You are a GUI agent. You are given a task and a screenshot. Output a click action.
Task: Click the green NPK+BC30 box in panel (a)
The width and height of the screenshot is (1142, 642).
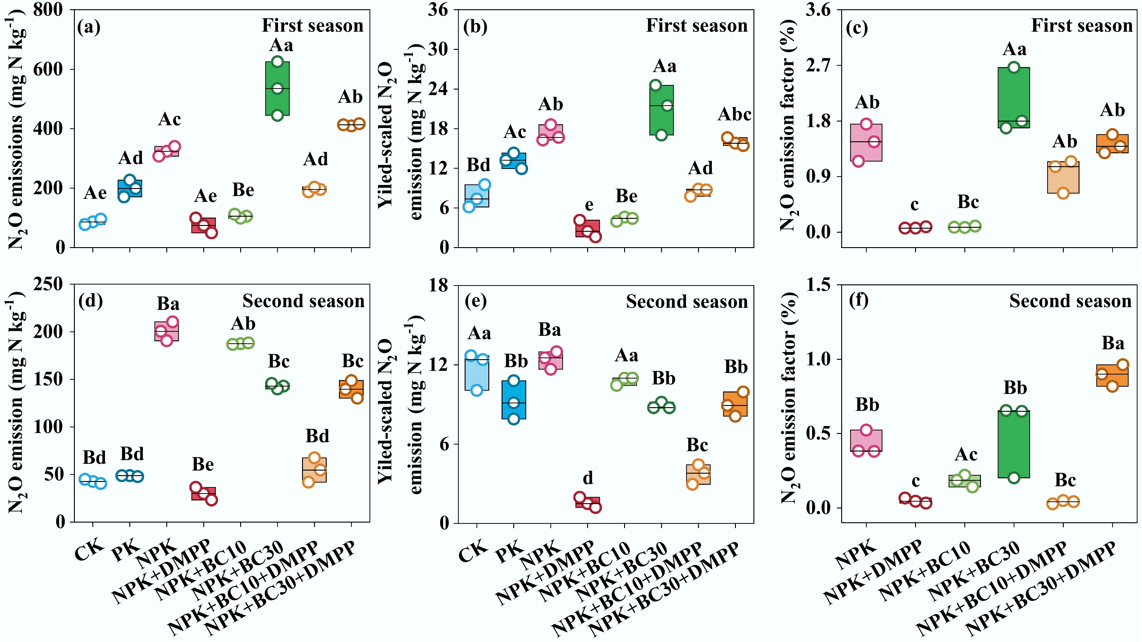[x=277, y=89]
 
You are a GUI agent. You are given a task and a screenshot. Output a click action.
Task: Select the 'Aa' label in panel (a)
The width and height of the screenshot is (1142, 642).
[x=281, y=45]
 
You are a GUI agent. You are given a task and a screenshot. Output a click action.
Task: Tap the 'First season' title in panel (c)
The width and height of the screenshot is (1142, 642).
[x=1082, y=26]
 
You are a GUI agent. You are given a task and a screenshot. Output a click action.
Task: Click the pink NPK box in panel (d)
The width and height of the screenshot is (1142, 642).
[x=167, y=331]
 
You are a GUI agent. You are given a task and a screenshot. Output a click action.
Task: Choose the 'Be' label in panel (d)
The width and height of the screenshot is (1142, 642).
[x=203, y=464]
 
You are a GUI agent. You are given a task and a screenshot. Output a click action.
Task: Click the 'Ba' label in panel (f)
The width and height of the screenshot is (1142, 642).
[x=1113, y=343]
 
